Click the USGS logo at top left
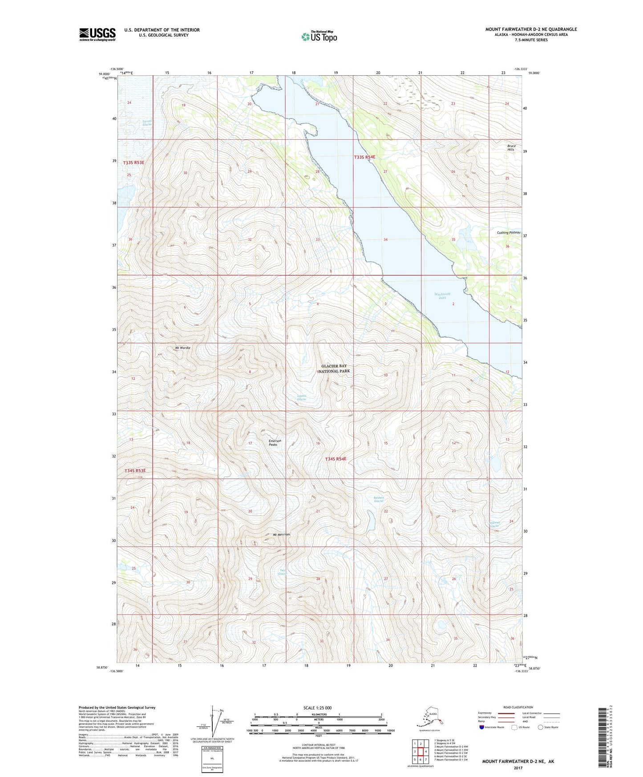97,34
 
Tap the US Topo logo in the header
319,36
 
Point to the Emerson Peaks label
275,443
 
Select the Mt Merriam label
281,534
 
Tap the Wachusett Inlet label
442,296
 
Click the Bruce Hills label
511,148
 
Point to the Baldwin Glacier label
379,499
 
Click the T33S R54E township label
364,157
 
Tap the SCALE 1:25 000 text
318,708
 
